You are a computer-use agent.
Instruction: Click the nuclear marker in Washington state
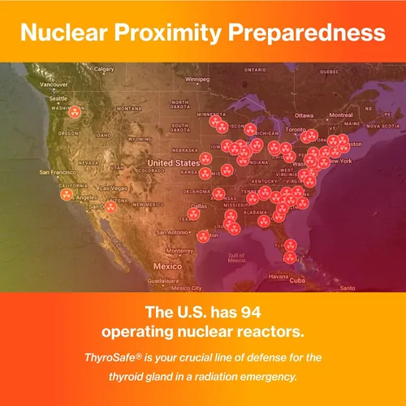(76, 112)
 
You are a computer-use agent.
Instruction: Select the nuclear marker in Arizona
(110, 205)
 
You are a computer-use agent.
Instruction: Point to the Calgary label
(104, 70)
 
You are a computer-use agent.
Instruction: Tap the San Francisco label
(58, 172)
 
